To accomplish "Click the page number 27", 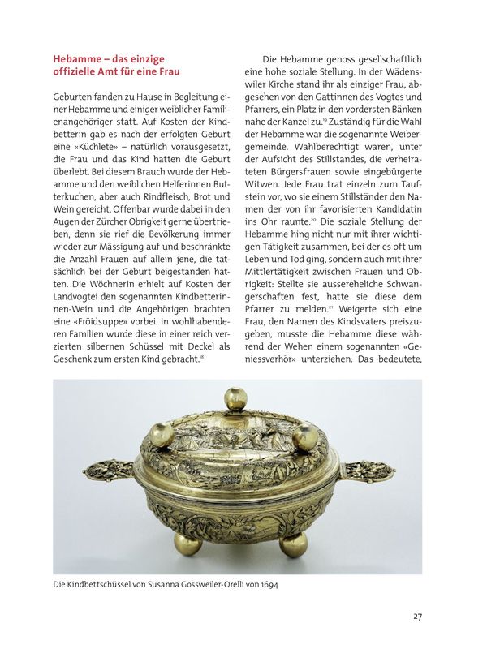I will [417, 617].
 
